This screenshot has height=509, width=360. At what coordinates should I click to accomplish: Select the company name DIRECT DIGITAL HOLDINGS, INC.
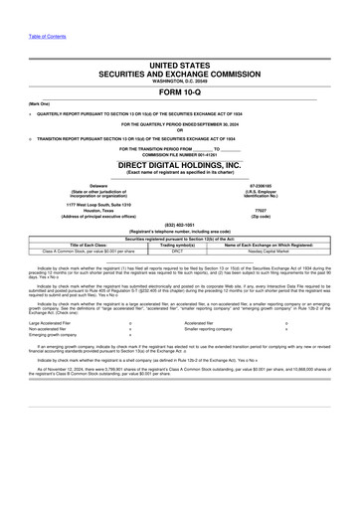pos(180,164)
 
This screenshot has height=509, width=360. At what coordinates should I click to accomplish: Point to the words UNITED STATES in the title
pos(180,64)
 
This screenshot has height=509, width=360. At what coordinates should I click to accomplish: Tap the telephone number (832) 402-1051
pos(180,225)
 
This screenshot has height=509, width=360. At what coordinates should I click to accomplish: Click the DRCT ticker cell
pos(178,253)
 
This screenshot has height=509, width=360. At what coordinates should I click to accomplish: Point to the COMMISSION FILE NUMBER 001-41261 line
pos(180,154)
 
